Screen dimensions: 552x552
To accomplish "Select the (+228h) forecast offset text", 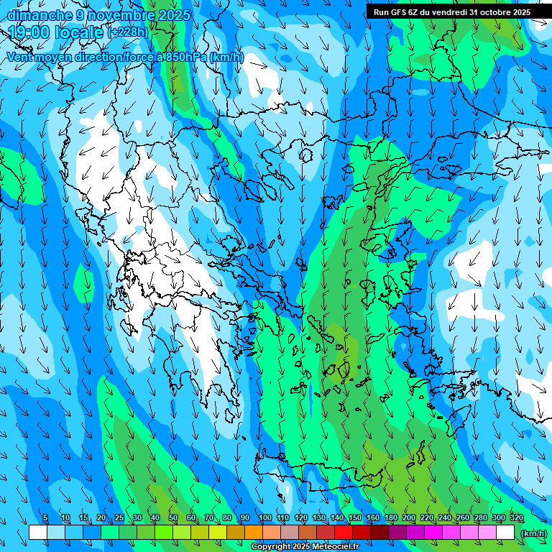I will point(127,32).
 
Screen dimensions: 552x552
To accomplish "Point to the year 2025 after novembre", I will point(174,15).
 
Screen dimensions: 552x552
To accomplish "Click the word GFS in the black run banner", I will point(398,12).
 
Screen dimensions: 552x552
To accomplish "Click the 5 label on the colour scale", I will point(45,518).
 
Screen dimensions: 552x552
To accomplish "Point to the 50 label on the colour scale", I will point(173,518).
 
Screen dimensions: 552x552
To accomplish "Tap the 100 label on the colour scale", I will point(264,518).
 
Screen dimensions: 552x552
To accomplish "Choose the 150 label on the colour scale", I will point(355,518).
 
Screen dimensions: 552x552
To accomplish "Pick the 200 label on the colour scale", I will point(409,518).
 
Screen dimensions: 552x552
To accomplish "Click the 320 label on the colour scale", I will point(517,518).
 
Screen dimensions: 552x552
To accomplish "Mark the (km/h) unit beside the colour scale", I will point(533,533).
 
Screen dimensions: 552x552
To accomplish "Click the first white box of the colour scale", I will point(38,532).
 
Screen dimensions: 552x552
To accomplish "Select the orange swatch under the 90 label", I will point(254,532).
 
